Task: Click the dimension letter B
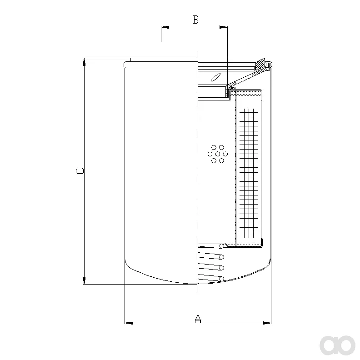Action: tap(195, 20)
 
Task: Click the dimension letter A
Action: tap(198, 319)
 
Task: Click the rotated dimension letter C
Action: tap(80, 171)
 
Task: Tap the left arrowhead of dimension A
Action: tap(129, 323)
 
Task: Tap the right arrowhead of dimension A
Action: tap(267, 323)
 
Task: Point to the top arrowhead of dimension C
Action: tap(84, 62)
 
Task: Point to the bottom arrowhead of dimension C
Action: tap(84, 280)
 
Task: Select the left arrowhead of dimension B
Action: tap(165, 27)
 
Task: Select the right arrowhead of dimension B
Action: tap(223, 27)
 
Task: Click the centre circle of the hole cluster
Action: tap(218, 154)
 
